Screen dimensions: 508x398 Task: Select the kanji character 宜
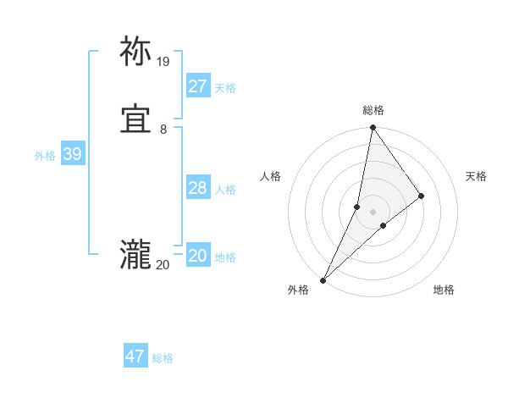(135, 121)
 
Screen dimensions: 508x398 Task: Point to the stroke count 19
(163, 62)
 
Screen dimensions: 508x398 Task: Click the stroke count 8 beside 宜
(163, 130)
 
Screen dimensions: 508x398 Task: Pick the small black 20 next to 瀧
(163, 265)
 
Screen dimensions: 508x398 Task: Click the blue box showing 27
(197, 86)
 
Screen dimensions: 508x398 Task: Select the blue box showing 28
(197, 188)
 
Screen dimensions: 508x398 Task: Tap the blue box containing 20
(197, 256)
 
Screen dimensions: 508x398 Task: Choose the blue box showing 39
(72, 154)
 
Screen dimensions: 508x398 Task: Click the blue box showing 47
(135, 357)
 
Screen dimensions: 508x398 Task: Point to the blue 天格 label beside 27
(225, 87)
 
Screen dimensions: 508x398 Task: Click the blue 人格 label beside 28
(225, 190)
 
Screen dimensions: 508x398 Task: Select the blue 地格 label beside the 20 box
(225, 257)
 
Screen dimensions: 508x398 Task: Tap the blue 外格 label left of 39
(45, 156)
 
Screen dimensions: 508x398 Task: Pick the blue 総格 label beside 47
(163, 358)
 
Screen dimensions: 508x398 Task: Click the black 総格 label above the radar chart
(373, 110)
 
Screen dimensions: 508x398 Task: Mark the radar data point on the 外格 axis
(323, 279)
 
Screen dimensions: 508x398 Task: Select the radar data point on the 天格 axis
(422, 196)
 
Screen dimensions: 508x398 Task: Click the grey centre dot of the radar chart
(373, 212)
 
